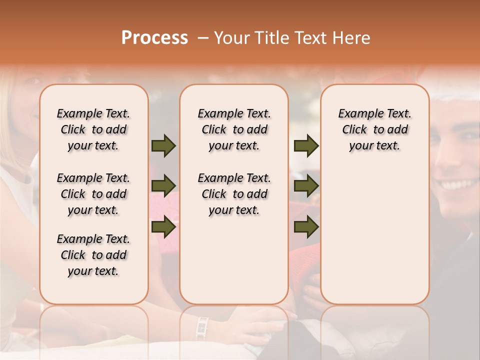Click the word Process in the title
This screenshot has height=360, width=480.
point(154,38)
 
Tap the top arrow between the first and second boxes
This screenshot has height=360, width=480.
point(163,145)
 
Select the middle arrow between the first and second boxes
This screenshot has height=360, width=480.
point(163,186)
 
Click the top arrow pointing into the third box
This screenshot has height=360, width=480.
point(306,145)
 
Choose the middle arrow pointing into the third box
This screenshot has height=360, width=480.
point(306,186)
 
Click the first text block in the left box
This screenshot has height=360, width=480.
point(93,129)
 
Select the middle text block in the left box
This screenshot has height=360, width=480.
point(93,194)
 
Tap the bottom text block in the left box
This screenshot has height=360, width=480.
point(93,255)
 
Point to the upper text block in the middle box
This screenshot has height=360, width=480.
point(234,129)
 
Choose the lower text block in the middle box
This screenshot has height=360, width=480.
point(234,194)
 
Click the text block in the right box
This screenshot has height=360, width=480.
point(375,129)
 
